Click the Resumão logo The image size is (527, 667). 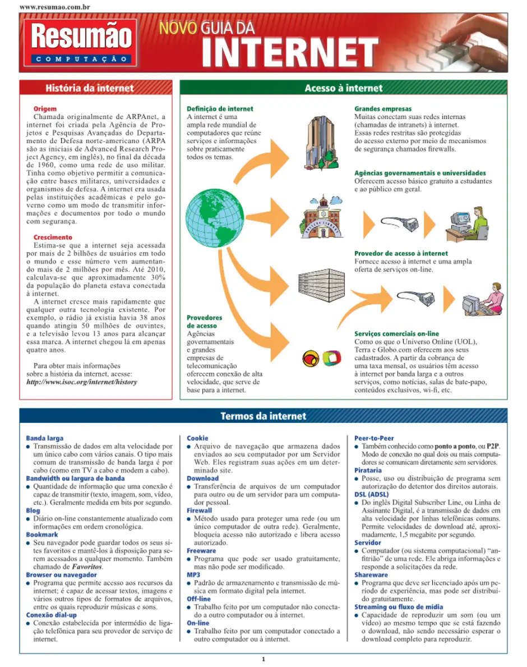[81, 42]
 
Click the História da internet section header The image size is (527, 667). [90, 88]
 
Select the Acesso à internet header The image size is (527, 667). [343, 88]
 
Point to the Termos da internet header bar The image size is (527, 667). [263, 416]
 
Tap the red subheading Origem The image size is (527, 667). [45, 109]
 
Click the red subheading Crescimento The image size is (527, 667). [53, 237]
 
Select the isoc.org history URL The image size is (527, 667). [81, 382]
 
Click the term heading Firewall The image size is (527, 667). [199, 510]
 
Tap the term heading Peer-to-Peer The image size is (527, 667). [374, 438]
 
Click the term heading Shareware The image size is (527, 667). [371, 575]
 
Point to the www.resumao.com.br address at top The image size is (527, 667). [55, 7]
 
